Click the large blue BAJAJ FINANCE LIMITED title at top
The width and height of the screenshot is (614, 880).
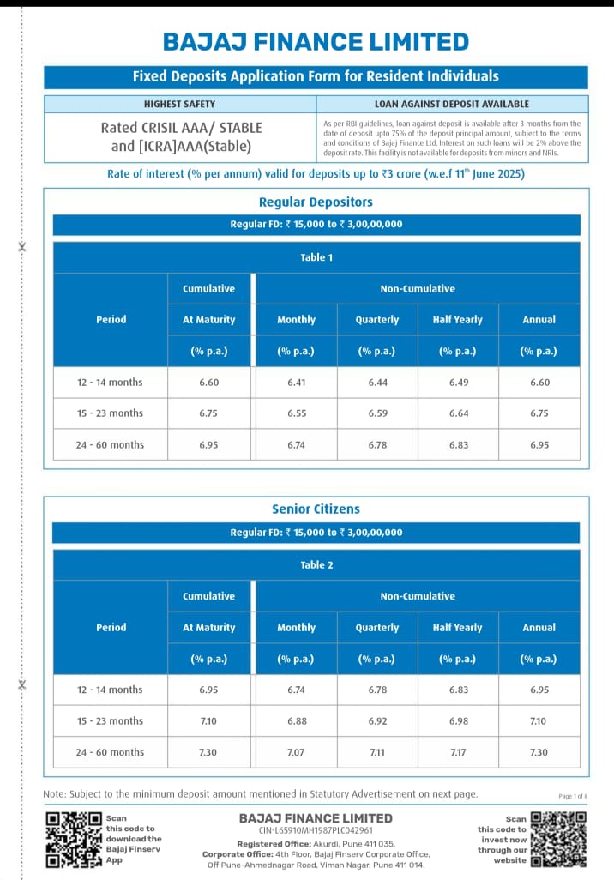316,41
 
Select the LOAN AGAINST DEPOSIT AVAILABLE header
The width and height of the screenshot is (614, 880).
452,104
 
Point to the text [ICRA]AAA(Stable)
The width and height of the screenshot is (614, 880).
181,146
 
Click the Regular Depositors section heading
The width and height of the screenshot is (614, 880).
316,202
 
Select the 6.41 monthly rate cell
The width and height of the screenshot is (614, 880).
296,382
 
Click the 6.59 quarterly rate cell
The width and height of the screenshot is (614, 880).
377,413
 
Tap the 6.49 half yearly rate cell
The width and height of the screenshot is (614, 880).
458,382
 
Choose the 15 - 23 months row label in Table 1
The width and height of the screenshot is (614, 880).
110,413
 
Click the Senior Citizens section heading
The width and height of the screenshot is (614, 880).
316,509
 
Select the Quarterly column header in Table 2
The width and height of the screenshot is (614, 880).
377,627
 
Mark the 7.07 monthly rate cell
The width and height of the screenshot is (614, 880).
296,752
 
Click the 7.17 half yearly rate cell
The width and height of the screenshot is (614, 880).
458,752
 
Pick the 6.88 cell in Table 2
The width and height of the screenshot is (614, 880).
296,720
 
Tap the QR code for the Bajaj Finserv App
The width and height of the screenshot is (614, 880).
74,841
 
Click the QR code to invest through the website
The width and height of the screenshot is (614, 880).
558,840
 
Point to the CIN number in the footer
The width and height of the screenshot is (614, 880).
316,830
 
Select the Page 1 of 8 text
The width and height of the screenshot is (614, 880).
572,796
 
